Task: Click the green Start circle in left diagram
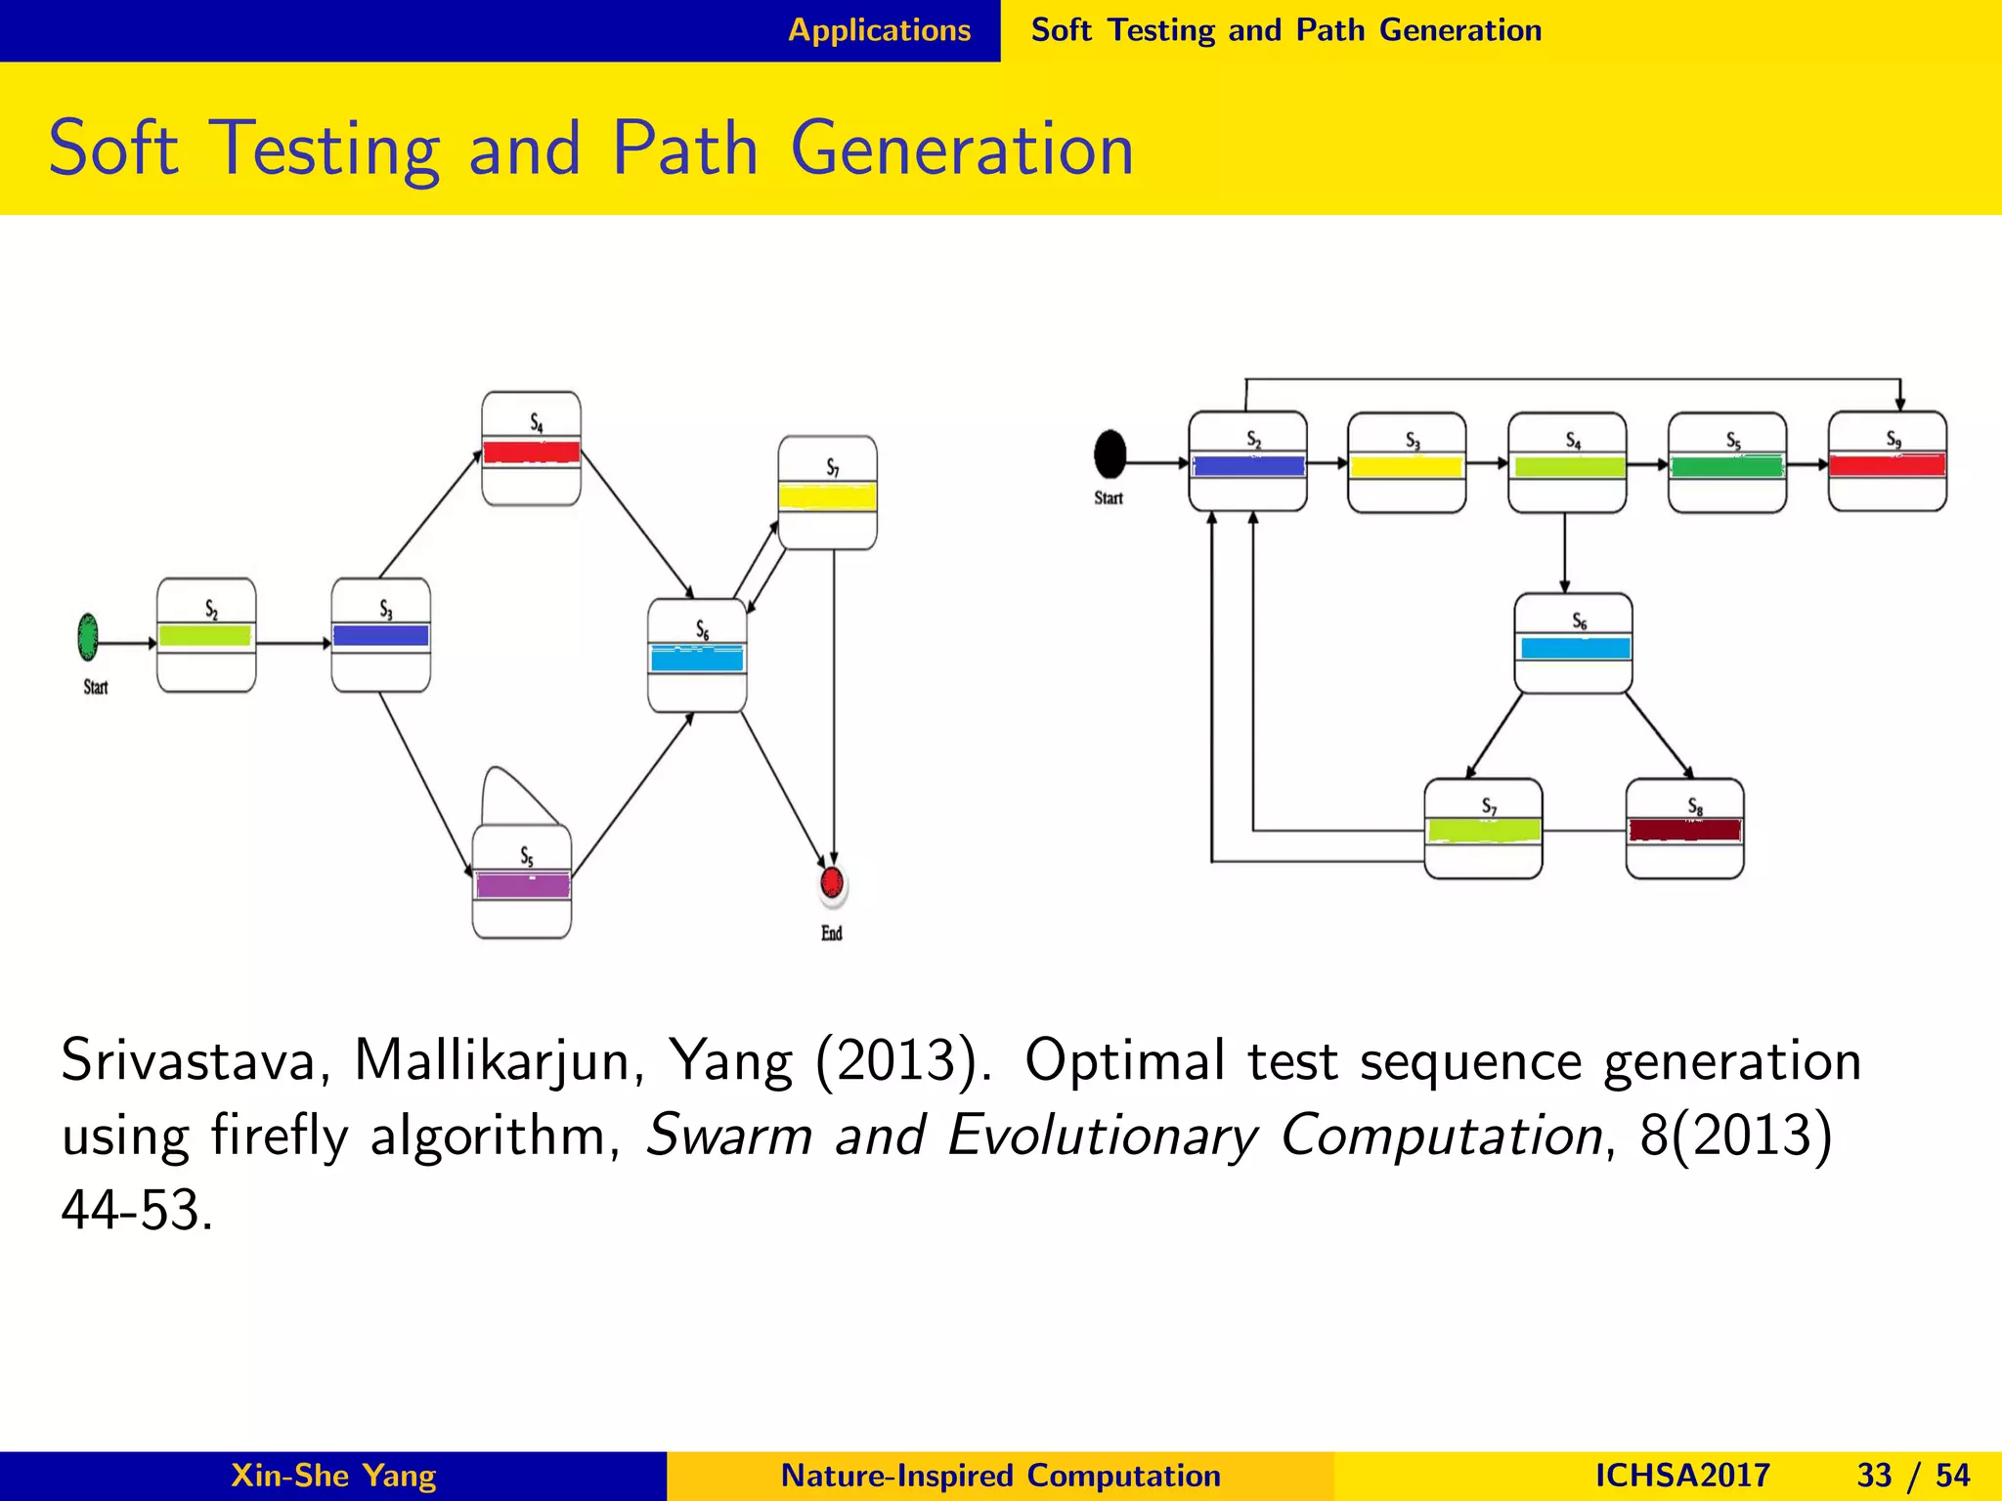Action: (88, 637)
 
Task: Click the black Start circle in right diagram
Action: (1110, 453)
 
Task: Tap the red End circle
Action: (832, 882)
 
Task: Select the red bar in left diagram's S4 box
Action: (532, 452)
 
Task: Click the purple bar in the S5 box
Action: (522, 885)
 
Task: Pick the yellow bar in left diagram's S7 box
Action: (827, 497)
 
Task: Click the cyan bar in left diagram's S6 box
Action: (697, 659)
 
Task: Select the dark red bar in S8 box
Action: (1684, 831)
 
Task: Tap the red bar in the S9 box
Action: (1887, 465)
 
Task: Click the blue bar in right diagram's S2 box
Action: (1248, 466)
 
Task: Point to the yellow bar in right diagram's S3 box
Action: (1406, 467)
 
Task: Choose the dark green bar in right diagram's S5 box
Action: (1726, 466)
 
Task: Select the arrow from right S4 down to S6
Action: (1565, 552)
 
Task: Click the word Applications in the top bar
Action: (879, 30)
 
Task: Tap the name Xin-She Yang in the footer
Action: (333, 1476)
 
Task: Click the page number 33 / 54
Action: (1913, 1476)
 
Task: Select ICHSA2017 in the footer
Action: (1682, 1476)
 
